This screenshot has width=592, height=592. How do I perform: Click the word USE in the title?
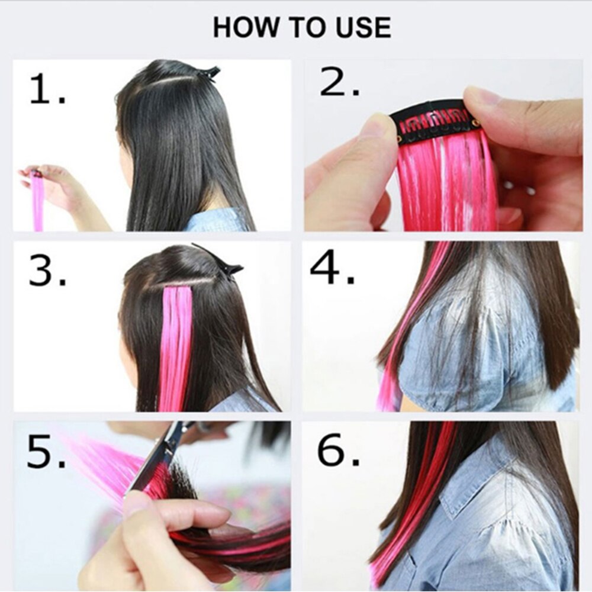[362, 28]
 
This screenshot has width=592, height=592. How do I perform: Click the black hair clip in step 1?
[208, 72]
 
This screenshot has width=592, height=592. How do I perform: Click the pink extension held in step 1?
[38, 201]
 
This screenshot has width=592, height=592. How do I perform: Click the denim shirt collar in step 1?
[216, 220]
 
